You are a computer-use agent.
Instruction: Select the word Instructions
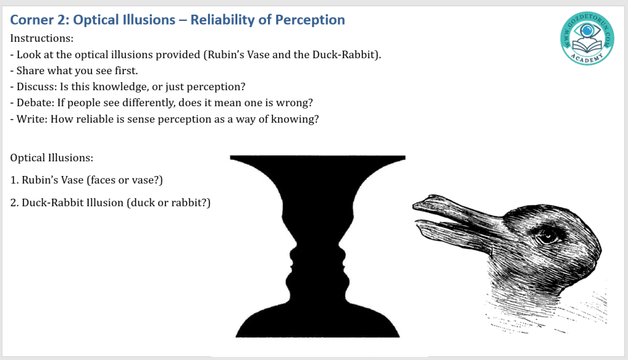pos(42,38)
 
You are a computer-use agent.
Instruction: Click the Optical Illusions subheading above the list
pos(52,158)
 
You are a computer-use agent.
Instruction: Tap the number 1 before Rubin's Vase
pos(14,180)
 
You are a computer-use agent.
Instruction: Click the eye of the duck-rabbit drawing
pos(546,237)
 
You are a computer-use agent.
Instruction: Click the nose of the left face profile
pos(291,254)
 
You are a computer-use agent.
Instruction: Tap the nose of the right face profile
pos(343,254)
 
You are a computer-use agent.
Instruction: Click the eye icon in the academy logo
pos(588,30)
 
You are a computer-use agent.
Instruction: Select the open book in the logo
pos(588,45)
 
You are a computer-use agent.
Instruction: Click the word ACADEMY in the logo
pos(587,58)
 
